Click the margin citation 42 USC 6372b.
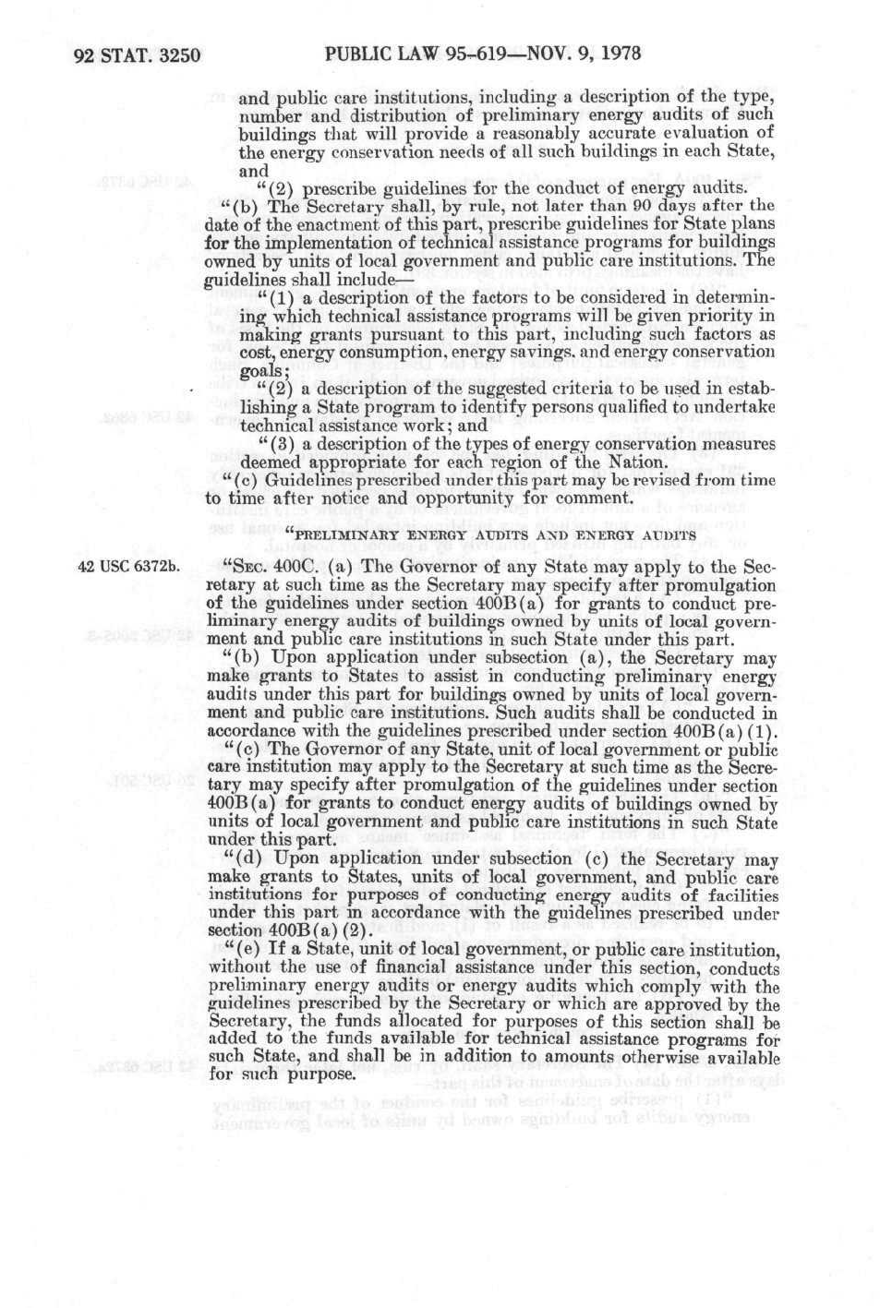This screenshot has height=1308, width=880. pos(128,567)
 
